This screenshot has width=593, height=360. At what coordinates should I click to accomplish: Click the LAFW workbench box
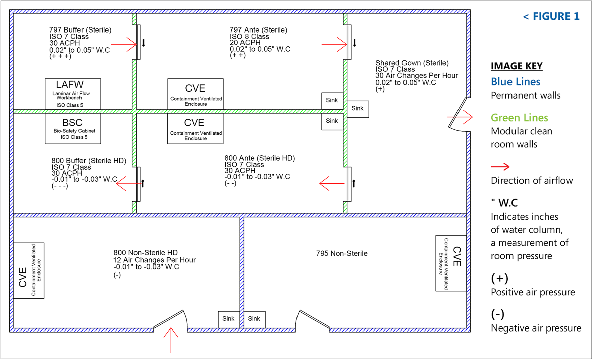click(73, 94)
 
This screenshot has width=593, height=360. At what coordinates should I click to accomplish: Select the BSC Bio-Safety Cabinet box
click(73, 129)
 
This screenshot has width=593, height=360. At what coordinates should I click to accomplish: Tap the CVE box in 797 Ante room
click(196, 94)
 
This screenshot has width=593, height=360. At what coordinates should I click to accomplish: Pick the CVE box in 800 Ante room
click(195, 129)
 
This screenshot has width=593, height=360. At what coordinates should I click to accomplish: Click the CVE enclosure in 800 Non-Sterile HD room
click(29, 271)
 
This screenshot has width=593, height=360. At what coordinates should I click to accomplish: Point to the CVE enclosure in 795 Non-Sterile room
click(451, 263)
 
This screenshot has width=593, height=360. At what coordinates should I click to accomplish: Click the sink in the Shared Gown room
click(358, 109)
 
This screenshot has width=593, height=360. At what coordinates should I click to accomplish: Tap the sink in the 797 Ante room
click(332, 100)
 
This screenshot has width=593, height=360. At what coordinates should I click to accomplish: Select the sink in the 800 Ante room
click(332, 121)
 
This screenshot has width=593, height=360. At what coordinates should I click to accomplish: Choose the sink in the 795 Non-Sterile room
click(254, 319)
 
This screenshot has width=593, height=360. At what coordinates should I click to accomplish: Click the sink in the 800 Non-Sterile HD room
click(228, 319)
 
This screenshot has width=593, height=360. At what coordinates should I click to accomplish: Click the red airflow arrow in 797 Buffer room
click(124, 44)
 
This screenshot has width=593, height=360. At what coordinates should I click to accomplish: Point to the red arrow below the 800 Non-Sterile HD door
click(171, 340)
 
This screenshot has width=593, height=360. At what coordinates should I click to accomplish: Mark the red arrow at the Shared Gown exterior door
click(460, 117)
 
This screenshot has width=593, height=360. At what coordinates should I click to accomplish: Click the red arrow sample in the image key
click(500, 166)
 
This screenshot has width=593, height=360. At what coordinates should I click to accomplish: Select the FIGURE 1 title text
click(551, 16)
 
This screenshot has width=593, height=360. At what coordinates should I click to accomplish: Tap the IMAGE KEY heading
click(517, 66)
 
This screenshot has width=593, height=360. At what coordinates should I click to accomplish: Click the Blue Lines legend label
click(516, 82)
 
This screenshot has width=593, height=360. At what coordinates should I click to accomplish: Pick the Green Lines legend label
click(519, 118)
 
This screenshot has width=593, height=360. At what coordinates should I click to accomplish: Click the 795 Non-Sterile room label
click(341, 254)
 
